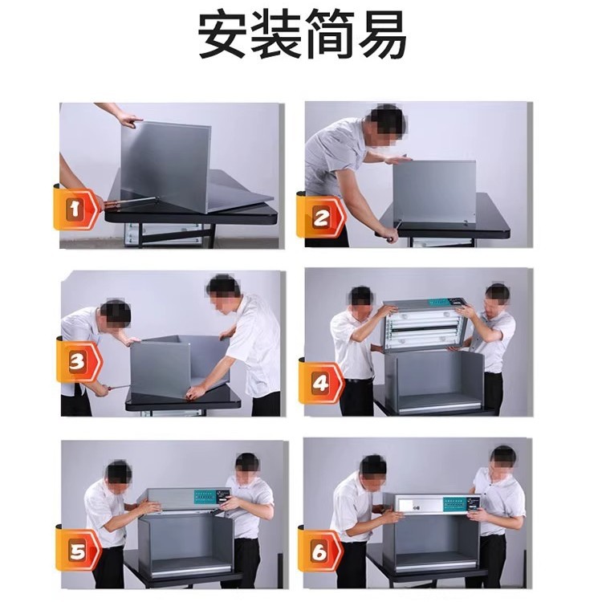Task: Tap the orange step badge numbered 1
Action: (75, 211)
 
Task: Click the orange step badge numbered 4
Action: (320, 383)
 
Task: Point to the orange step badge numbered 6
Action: (319, 552)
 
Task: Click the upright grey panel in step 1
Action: (165, 165)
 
